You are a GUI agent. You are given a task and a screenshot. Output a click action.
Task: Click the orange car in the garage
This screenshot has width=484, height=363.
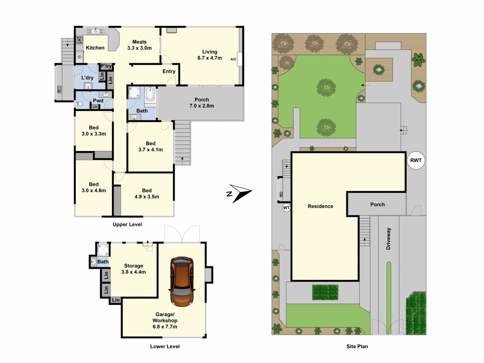tap(182, 282)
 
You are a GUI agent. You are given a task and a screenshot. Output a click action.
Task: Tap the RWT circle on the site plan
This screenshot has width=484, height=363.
tap(416, 160)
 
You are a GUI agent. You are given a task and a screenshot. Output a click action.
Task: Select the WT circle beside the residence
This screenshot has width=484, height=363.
tap(286, 208)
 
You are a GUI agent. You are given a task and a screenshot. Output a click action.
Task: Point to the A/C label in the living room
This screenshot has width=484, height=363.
tap(233, 59)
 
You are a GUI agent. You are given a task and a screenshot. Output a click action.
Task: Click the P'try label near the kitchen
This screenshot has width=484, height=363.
tap(106, 66)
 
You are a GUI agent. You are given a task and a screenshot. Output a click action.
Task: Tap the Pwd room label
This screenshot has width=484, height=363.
tap(98, 101)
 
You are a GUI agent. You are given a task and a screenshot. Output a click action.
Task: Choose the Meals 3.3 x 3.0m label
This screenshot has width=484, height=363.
tap(139, 45)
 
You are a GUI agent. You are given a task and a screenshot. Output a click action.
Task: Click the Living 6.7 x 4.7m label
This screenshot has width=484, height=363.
tap(210, 55)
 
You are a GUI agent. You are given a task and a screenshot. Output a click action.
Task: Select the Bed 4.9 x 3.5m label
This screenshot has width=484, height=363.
tap(147, 194)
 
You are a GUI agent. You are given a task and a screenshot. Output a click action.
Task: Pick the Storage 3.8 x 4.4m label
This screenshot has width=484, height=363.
tap(134, 269)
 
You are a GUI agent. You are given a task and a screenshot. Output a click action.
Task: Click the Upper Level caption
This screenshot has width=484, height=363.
tap(127, 224)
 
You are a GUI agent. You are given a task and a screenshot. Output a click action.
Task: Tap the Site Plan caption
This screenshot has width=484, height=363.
tap(357, 346)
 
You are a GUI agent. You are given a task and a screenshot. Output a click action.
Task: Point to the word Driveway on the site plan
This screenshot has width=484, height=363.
tap(388, 239)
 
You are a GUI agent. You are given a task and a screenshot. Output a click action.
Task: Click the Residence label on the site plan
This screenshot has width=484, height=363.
tap(320, 206)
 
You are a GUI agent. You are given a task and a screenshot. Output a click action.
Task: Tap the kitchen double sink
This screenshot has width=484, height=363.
tap(96, 31)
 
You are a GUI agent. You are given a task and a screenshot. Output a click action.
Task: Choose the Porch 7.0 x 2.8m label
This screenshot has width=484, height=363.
tap(202, 103)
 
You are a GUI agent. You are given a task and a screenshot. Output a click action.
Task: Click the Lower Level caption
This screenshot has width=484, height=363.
tap(165, 346)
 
